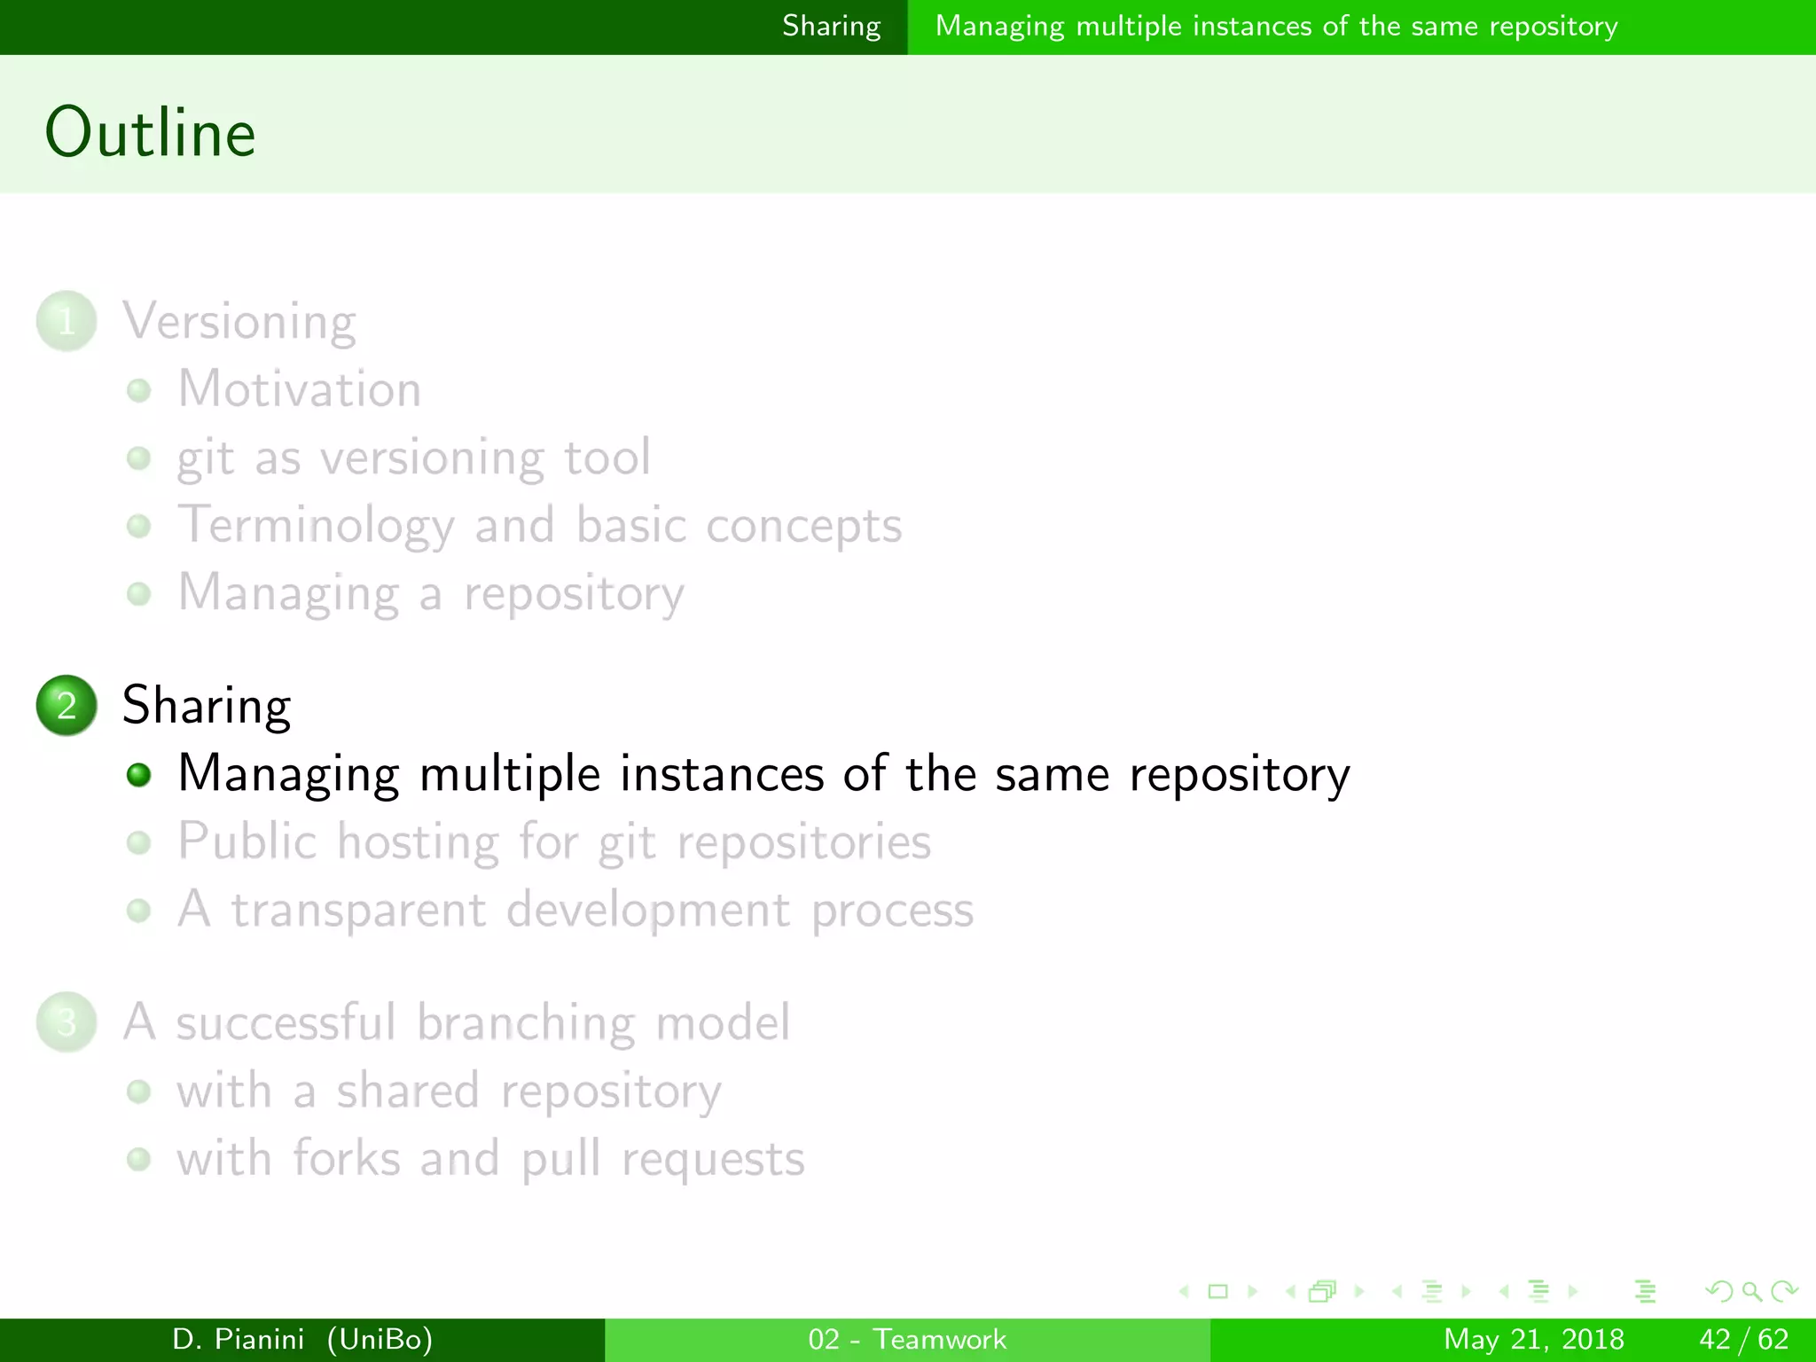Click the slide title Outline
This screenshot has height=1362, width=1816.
coord(151,133)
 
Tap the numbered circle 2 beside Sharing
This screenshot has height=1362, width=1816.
coord(67,706)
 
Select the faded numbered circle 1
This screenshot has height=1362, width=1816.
coord(67,321)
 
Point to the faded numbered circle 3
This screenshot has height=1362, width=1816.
coord(67,1022)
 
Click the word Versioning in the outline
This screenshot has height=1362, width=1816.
coord(239,321)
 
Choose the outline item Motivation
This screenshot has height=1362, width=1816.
coord(300,389)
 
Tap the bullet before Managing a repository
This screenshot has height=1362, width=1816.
coord(138,593)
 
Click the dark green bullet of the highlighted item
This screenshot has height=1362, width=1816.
coord(138,775)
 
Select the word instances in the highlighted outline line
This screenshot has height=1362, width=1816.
coord(722,773)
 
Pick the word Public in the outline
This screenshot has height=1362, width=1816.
coord(247,841)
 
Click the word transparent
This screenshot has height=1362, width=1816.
coord(359,911)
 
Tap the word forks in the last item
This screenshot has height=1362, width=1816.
coord(347,1159)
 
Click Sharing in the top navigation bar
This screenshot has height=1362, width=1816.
coord(832,27)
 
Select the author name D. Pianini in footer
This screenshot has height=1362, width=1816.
coord(238,1339)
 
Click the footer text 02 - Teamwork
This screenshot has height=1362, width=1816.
coord(907,1339)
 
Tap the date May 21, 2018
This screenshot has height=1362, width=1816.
coord(1534,1339)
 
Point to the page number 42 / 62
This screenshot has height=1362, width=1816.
coord(1743,1339)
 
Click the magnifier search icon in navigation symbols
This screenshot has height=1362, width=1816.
coord(1751,1291)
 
